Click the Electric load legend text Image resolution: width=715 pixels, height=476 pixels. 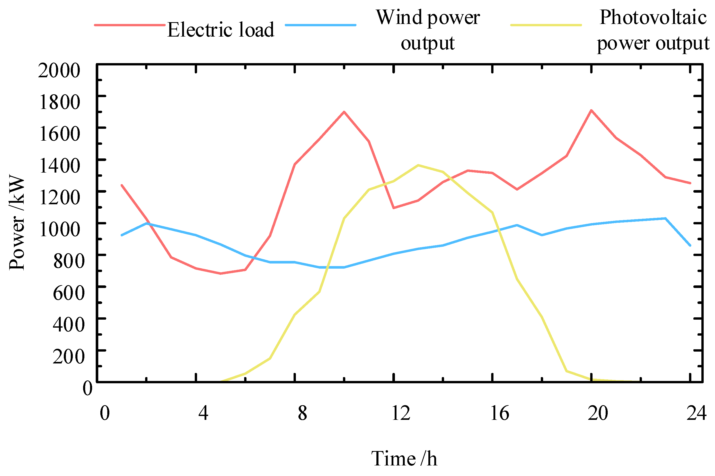tap(220, 30)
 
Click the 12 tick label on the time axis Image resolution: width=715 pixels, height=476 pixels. tap(401, 413)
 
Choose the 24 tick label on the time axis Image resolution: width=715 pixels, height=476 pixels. tap(696, 413)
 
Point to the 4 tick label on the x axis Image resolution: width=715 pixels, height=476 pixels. tap(203, 413)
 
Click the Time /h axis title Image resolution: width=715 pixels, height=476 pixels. tap(404, 458)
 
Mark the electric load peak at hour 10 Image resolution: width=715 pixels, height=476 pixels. tap(344, 112)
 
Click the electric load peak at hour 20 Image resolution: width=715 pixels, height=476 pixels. tap(591, 110)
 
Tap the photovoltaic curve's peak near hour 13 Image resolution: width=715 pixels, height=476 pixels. tap(418, 165)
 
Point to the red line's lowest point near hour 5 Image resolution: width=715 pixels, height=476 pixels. tap(220, 274)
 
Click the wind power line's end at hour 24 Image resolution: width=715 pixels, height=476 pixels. tap(690, 245)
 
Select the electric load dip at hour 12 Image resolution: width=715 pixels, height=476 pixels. tap(393, 208)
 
